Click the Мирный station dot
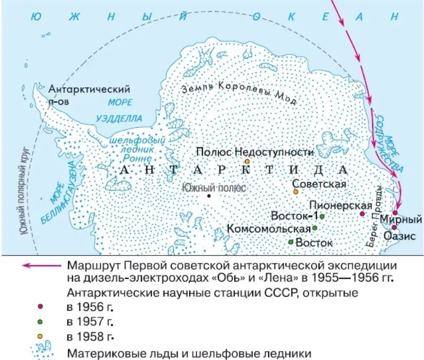395,213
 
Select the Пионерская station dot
362,214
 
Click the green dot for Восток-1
322,216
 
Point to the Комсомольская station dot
314,228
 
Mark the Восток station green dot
291,242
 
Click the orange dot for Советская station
296,191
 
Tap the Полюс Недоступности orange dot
246,161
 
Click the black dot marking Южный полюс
209,196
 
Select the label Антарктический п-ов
89,94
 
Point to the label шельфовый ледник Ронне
132,150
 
